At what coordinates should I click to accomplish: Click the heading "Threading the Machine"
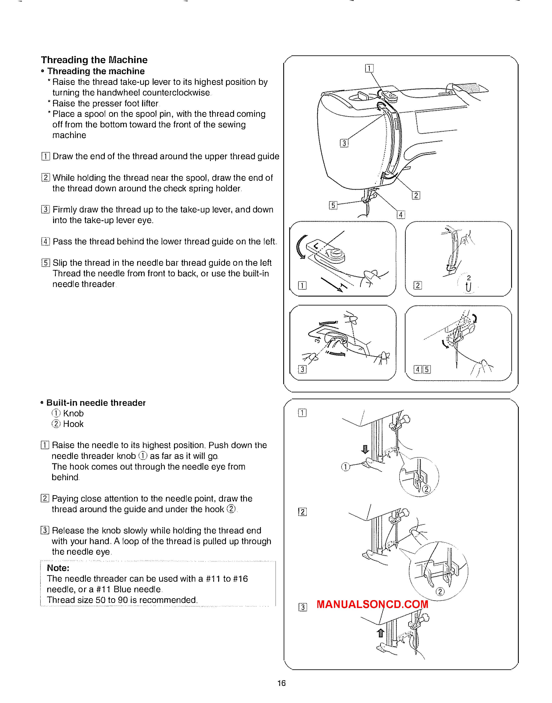point(94,60)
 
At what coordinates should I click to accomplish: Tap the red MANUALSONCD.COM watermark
point(372,604)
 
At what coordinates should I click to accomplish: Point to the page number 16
point(282,683)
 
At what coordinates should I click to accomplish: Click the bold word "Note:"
point(58,568)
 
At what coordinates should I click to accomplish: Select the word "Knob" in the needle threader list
point(73,413)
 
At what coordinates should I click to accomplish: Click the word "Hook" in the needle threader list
point(73,424)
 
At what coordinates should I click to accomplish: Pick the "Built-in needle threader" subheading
point(96,403)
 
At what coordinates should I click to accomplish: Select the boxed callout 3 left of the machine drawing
point(344,143)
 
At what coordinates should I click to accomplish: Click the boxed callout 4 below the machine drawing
point(401,215)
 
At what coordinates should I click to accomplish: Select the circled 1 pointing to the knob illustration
point(345,467)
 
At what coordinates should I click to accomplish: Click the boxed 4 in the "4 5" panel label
point(418,369)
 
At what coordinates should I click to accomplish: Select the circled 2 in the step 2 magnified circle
point(440,592)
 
